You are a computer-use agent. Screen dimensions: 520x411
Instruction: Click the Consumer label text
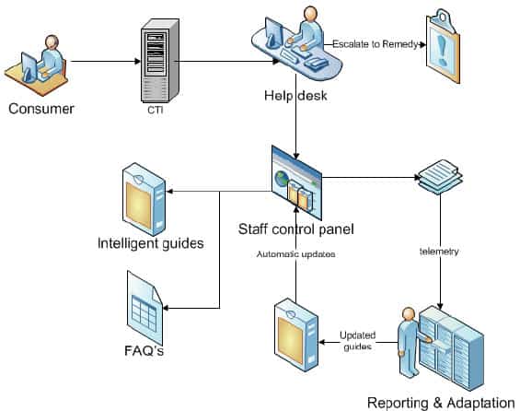pos(41,109)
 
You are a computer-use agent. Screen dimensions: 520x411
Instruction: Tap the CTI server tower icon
pos(160,60)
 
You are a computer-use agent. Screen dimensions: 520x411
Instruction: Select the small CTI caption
pos(156,110)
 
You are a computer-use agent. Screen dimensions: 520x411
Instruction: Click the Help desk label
pos(295,96)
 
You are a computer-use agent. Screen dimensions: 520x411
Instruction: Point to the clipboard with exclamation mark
pos(443,46)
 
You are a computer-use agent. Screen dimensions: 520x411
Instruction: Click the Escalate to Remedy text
pos(376,44)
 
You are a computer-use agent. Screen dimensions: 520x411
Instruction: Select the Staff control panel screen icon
pos(296,182)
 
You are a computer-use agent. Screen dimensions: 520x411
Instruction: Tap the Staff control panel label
pos(295,229)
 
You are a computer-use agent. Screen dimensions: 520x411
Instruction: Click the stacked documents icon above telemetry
pos(440,177)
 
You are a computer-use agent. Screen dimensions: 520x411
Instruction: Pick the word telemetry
pos(439,252)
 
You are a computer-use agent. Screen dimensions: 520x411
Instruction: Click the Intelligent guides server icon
pos(144,199)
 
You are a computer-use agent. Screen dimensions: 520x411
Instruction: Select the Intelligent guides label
pos(151,243)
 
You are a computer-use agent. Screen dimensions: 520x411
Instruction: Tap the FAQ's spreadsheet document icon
pos(144,308)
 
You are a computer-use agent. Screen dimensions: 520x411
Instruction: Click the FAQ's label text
pos(144,350)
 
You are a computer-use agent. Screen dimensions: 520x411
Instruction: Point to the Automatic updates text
pos(295,254)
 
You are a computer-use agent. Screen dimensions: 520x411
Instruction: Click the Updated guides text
pos(357,341)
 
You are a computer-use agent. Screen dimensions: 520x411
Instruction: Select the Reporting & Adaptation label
pos(441,403)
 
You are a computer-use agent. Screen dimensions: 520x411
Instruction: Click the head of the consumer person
pos(52,42)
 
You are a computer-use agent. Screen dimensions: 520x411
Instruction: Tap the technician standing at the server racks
pos(410,342)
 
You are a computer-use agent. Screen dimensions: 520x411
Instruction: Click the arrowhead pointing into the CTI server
pos(137,61)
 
